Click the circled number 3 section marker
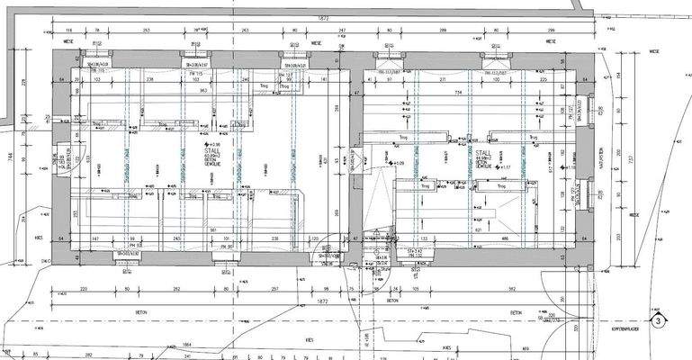tap(659, 319)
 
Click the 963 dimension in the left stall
tap(203, 91)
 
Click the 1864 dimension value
tap(186, 345)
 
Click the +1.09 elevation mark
tap(398, 163)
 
